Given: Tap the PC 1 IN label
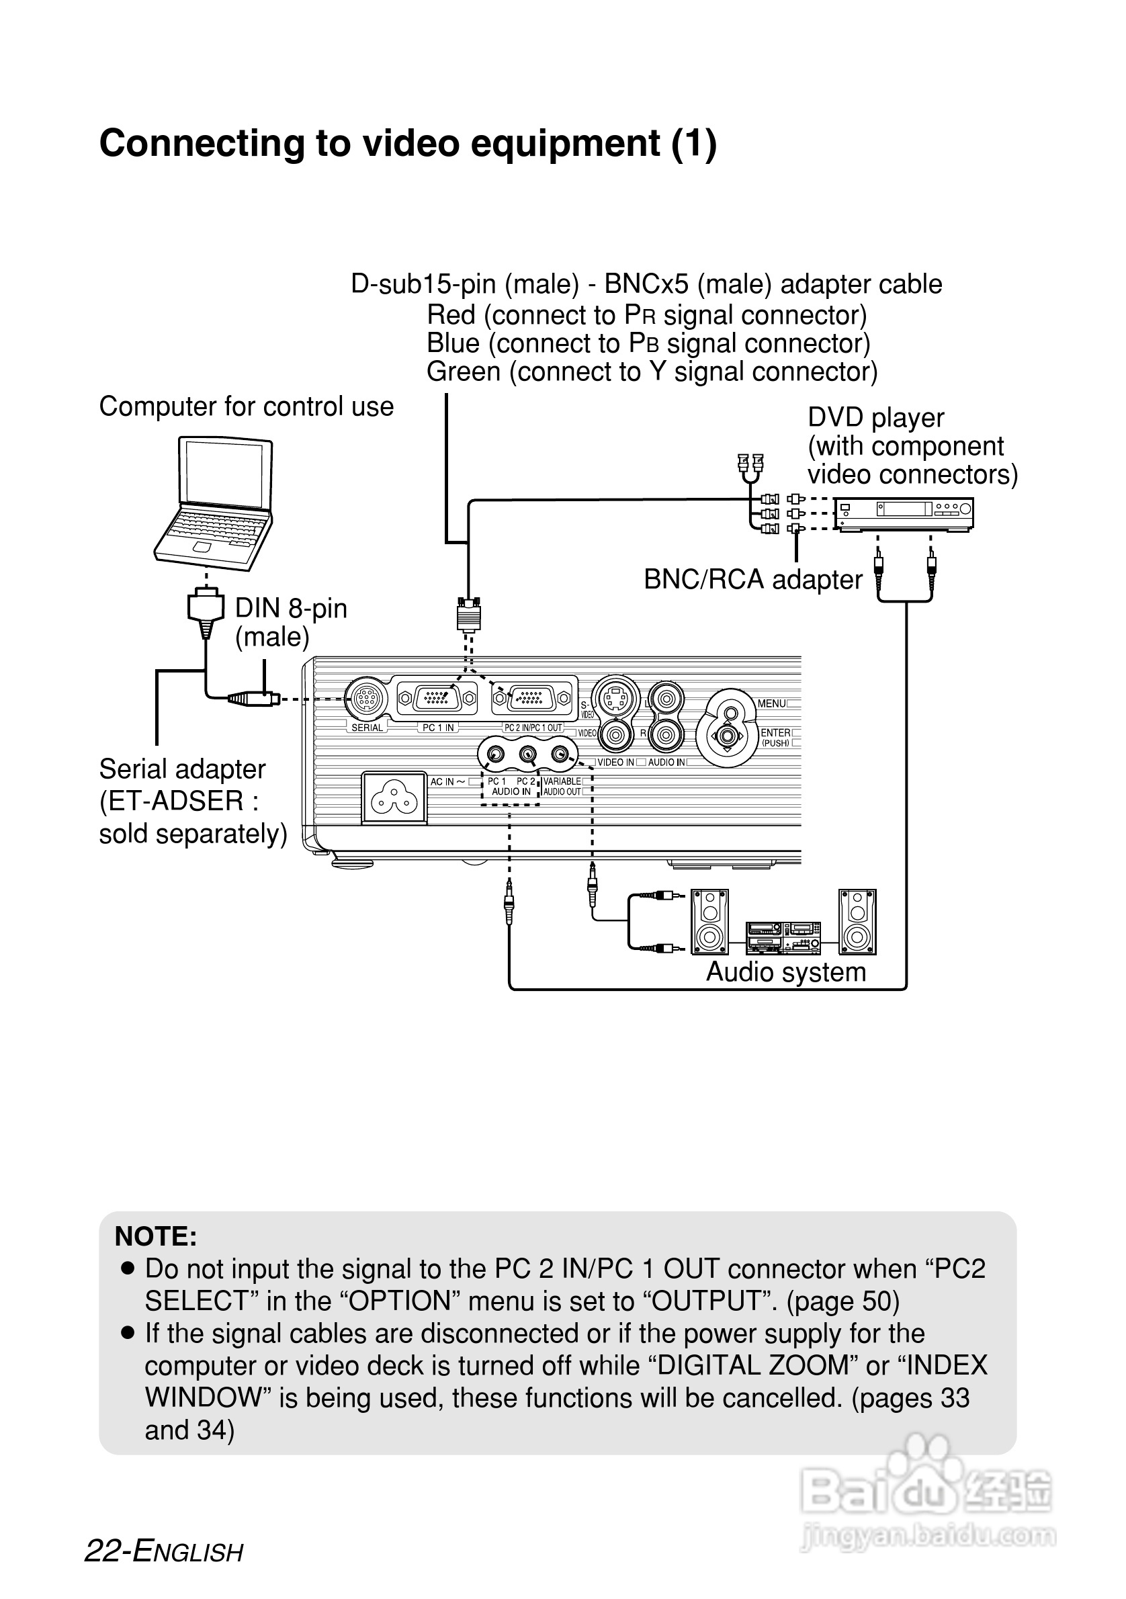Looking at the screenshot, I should point(438,728).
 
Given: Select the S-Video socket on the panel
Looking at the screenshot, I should point(615,698).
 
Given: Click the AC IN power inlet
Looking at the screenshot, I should point(394,799).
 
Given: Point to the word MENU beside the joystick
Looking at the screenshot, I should point(771,703).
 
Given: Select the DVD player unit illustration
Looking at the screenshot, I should point(904,515).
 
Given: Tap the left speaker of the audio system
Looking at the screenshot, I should point(709,921).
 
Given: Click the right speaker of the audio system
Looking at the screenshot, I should point(857,921).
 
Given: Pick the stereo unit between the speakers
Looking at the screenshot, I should point(783,937).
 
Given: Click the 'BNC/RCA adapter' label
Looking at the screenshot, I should point(752,579).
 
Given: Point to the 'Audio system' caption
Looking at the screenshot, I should point(785,972).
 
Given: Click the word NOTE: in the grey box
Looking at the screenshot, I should point(156,1236).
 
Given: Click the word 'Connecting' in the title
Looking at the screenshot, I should point(202,144).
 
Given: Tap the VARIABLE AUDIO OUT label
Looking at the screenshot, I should point(562,786).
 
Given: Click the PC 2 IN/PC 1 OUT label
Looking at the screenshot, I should point(533,728).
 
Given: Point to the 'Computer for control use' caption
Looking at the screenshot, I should point(246,406).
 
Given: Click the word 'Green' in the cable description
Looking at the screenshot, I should point(463,372).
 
